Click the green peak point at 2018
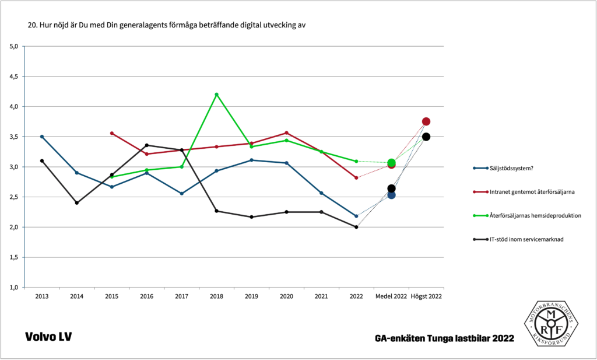pos(217,95)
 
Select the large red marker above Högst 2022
pos(426,121)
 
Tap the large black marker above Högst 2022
pos(426,137)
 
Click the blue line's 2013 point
pos(42,137)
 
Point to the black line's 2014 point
pos(77,203)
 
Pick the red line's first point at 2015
pos(112,133)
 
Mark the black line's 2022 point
pos(356,227)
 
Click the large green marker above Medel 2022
pos(391,163)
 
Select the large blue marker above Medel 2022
pos(391,195)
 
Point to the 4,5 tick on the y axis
pos(16,76)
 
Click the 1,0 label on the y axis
pos(16,288)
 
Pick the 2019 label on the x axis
pos(251,296)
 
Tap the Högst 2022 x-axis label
pos(426,296)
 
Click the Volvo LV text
pos(48,337)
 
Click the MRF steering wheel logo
pos(551,323)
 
